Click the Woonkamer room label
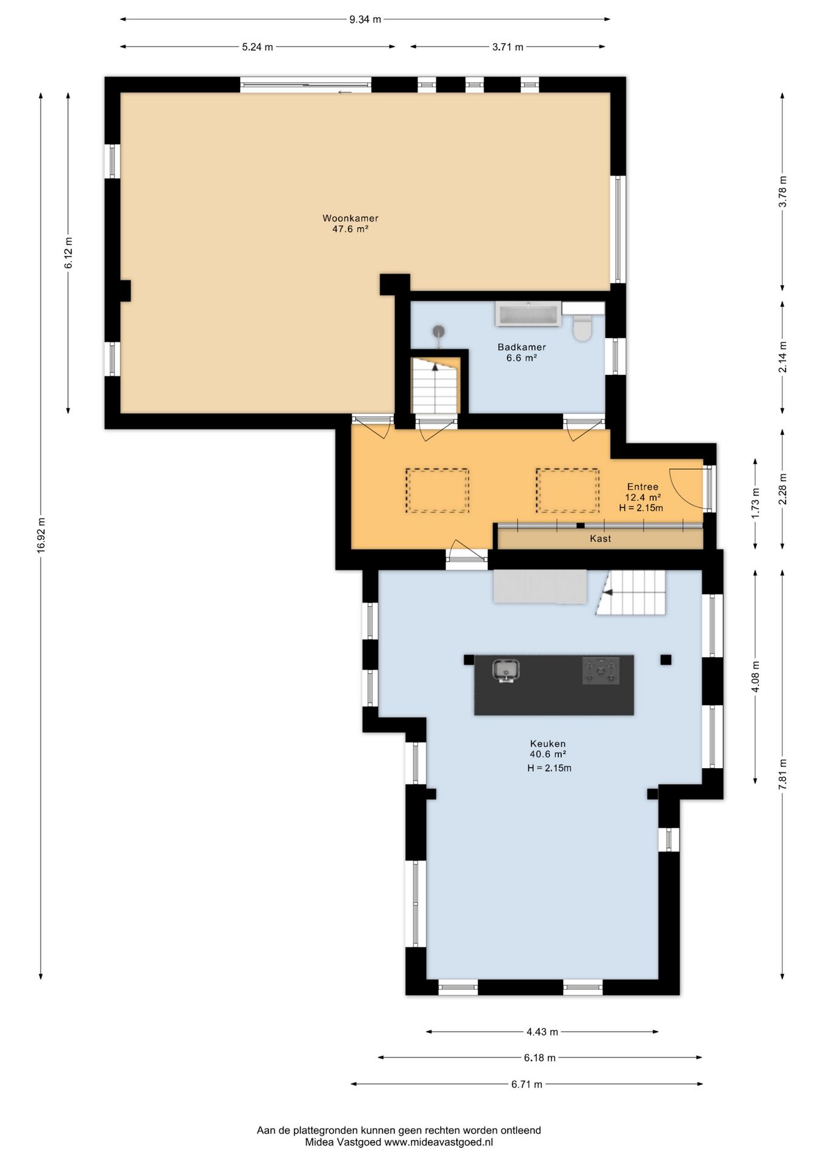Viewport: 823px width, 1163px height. (350, 218)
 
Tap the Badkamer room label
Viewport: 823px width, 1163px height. (522, 347)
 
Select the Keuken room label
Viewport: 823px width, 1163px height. (548, 743)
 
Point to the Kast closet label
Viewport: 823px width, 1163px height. (601, 538)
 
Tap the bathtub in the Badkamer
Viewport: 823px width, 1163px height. (528, 314)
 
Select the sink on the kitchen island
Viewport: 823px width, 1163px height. (505, 671)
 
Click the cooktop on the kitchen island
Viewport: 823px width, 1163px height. (601, 671)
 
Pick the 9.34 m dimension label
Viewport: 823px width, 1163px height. (365, 19)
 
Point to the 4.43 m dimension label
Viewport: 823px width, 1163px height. (542, 1032)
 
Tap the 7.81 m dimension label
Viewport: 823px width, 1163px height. (782, 774)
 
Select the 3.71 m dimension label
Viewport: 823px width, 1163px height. (508, 47)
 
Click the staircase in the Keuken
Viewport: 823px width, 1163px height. (630, 592)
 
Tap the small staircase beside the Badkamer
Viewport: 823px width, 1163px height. (436, 386)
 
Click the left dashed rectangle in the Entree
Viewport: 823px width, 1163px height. (437, 491)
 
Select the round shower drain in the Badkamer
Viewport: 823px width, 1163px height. (439, 331)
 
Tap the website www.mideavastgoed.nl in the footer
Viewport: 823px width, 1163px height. (439, 1142)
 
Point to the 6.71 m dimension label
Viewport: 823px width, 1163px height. (527, 1084)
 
